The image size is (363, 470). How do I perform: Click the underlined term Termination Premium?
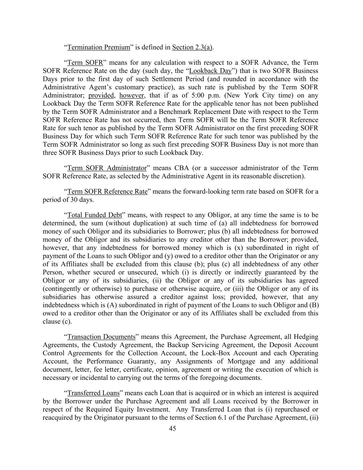[99, 47]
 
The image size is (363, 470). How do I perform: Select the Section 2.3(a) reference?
[192, 47]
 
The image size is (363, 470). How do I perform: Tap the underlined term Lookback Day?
[210, 71]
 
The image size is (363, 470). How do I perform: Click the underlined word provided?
[101, 95]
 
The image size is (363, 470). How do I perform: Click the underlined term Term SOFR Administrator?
[107, 168]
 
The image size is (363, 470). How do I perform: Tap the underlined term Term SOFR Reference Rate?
[107, 191]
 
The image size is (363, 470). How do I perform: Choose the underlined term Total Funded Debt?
[95, 215]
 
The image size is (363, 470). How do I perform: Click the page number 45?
[172, 428]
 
